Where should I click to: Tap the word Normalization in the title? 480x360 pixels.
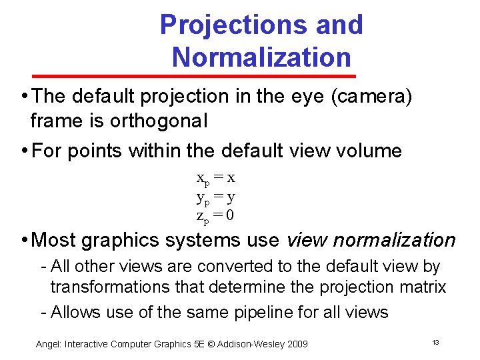[x=261, y=57]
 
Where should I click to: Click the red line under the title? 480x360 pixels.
[x=261, y=75]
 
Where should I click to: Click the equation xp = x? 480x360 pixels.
[x=215, y=178]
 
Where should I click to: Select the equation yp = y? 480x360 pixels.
[x=215, y=197]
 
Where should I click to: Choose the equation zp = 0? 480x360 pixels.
[x=215, y=215]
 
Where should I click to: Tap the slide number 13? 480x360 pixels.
[x=435, y=342]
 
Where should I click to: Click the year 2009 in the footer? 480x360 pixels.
[x=296, y=344]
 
